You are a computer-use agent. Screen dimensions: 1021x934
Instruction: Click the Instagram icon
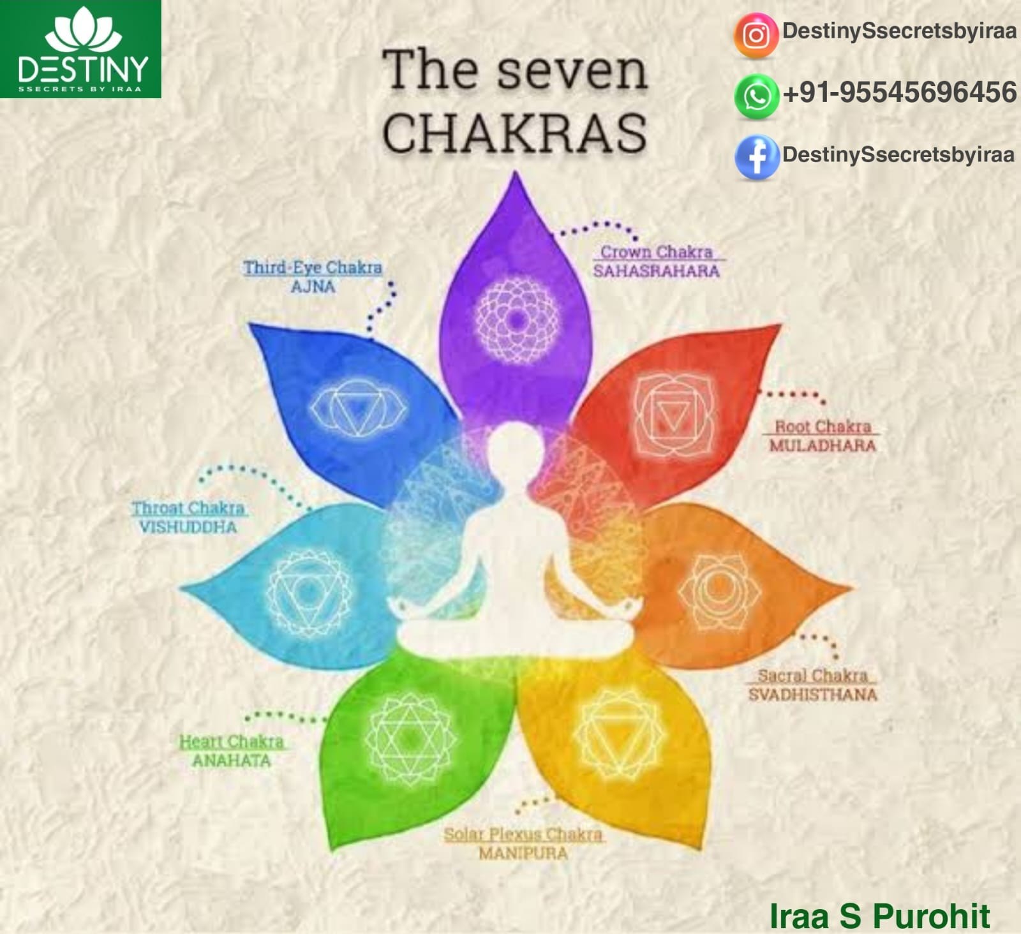[756, 36]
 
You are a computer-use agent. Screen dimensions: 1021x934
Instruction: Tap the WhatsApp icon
[757, 96]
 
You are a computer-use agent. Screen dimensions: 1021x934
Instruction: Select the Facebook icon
[757, 157]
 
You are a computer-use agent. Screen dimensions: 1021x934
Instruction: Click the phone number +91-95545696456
[900, 93]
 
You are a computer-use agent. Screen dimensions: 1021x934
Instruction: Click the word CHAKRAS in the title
[514, 132]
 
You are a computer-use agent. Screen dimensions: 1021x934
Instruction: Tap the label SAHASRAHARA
[657, 271]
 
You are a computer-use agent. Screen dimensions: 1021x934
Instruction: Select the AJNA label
[313, 286]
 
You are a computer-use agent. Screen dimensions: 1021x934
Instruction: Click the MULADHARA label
[822, 445]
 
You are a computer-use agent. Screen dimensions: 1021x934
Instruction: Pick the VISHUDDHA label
[188, 527]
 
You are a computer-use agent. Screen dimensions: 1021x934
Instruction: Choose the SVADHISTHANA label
[812, 694]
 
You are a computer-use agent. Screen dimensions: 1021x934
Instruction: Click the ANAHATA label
[232, 760]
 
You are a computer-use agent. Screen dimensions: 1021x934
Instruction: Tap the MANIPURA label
[523, 853]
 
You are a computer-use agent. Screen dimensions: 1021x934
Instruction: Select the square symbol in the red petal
[674, 415]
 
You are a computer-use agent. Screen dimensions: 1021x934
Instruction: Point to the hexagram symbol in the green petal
[411, 739]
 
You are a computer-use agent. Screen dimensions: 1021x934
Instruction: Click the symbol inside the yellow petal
[618, 734]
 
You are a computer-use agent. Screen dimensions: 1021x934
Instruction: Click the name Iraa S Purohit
[879, 916]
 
